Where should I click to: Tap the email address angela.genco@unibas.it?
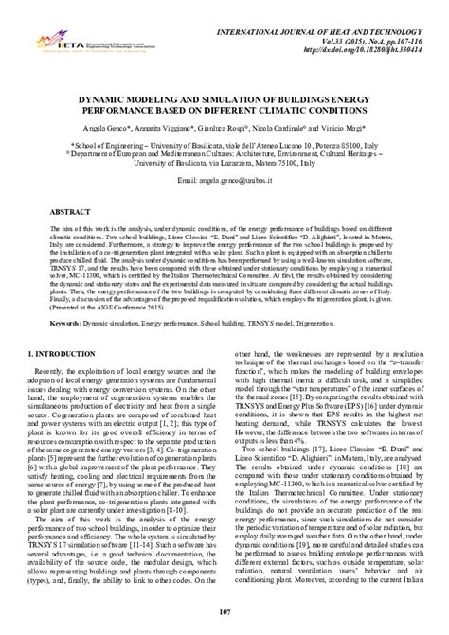[x=224, y=178]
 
